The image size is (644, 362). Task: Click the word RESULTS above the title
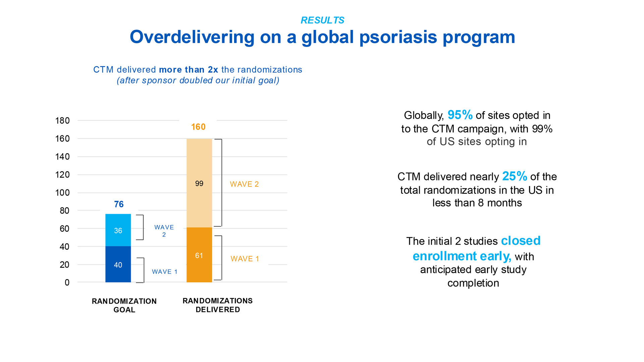click(322, 20)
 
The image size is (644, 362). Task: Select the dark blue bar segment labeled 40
click(118, 264)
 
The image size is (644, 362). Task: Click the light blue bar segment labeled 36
click(118, 230)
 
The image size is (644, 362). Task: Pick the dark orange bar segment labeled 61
click(199, 255)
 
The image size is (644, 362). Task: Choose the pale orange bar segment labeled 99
click(199, 183)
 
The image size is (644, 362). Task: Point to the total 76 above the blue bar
click(119, 204)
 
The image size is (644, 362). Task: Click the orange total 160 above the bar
click(198, 127)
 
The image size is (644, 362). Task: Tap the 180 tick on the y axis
click(62, 121)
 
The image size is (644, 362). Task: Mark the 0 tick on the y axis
click(67, 283)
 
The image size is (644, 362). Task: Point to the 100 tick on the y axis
click(62, 193)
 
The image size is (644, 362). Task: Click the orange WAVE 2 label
click(244, 184)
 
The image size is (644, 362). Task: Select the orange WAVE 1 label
click(245, 259)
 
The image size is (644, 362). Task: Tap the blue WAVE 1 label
click(164, 271)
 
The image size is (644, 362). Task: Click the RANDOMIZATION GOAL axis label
click(124, 305)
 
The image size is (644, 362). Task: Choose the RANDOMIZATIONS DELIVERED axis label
click(218, 305)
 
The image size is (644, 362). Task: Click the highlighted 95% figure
click(460, 115)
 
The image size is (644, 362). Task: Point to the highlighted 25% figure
click(515, 176)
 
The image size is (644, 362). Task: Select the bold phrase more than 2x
click(189, 70)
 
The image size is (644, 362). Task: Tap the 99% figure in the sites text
click(542, 129)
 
